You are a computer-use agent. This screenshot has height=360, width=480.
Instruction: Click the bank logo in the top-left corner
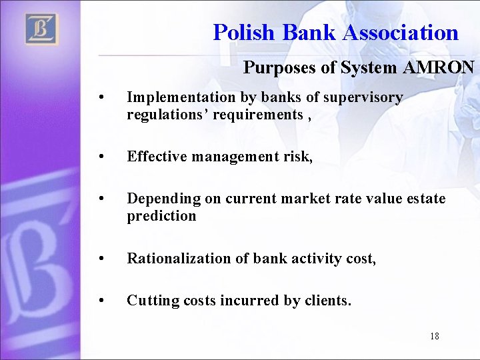coord(42,29)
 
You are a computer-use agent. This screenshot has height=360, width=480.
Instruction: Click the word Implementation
coord(181,97)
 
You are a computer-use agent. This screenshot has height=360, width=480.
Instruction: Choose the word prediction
coord(161,216)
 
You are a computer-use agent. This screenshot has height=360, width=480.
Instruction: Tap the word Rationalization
coord(179,258)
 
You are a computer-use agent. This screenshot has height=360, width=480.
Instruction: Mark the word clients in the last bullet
coord(326,301)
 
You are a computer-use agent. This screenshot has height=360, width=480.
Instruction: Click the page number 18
coord(435,336)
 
